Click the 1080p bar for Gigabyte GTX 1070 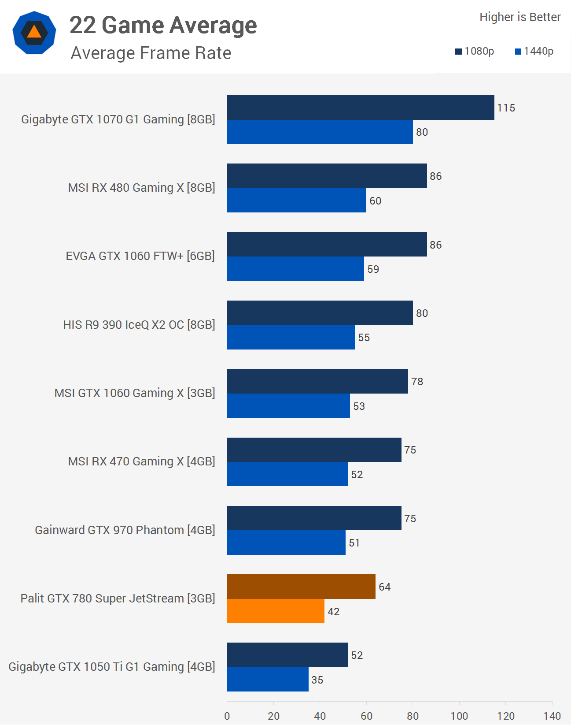pyautogui.click(x=360, y=108)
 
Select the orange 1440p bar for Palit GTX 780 pyautogui.click(x=276, y=611)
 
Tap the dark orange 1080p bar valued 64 pyautogui.click(x=301, y=587)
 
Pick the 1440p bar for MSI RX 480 pyautogui.click(x=296, y=201)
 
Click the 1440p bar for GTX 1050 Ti pyautogui.click(x=268, y=679)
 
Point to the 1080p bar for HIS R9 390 pyautogui.click(x=320, y=313)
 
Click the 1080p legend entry pyautogui.click(x=475, y=52)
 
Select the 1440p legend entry pyautogui.click(x=534, y=52)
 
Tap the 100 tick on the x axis pyautogui.click(x=459, y=716)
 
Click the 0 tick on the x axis pyautogui.click(x=227, y=716)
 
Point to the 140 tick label pyautogui.click(x=552, y=716)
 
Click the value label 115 pyautogui.click(x=506, y=108)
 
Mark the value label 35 pyautogui.click(x=317, y=680)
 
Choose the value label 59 pyautogui.click(x=373, y=269)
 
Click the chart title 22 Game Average pyautogui.click(x=163, y=25)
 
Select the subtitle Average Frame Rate pyautogui.click(x=151, y=53)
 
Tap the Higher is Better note pyautogui.click(x=520, y=17)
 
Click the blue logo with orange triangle pyautogui.click(x=34, y=33)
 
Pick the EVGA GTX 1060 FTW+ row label pyautogui.click(x=140, y=256)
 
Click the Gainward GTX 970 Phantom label pyautogui.click(x=125, y=530)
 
